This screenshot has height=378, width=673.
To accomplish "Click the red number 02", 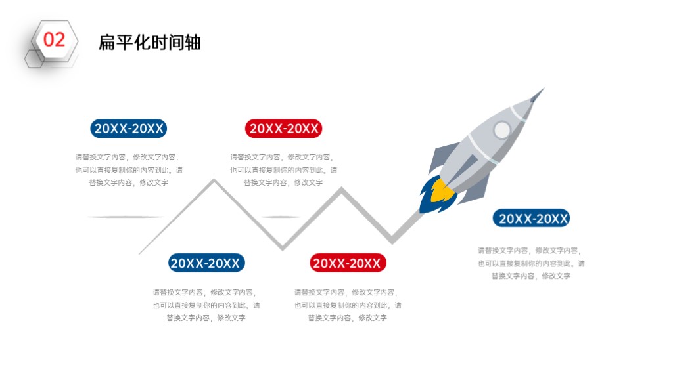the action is point(54,40).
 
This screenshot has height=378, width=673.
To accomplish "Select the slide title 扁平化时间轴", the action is point(150,43).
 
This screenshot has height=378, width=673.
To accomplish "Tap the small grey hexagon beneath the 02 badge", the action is point(34,58).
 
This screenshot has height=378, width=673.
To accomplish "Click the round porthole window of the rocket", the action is point(501,129).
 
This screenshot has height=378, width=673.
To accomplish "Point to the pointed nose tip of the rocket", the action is point(544,89).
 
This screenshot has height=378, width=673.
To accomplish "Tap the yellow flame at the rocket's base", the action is point(442,191).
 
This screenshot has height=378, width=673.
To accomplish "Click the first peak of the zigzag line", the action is point(214,181).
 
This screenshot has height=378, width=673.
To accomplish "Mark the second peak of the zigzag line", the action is point(342,190).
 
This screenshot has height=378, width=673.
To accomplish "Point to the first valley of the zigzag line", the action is point(283,247).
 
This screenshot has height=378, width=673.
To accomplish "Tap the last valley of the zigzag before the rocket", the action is point(392,241).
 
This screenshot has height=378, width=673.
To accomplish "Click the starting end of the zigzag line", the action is point(140,254).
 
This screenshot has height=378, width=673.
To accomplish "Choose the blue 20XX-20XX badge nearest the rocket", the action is point(531,219).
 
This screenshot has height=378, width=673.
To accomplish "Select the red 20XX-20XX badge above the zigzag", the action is point(283,129).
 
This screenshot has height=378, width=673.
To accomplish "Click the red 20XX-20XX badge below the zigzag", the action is point(348,263).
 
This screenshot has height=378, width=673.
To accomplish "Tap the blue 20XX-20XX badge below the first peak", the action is point(206,262).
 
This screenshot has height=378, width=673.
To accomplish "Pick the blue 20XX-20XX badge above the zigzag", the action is point(128,129).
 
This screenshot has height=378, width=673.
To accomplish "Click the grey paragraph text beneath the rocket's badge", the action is point(531,263).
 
